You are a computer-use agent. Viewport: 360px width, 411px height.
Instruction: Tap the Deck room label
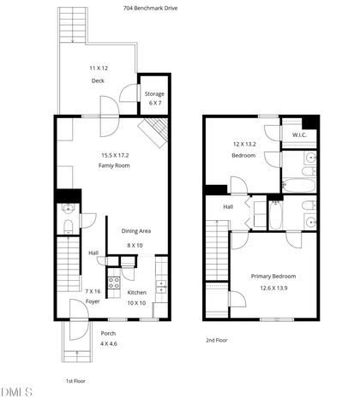click(x=98, y=81)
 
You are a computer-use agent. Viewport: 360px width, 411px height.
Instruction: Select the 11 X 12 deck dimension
click(x=98, y=67)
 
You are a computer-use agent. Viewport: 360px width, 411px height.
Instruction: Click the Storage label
click(x=154, y=94)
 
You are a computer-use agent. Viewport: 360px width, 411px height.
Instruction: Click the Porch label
click(x=109, y=333)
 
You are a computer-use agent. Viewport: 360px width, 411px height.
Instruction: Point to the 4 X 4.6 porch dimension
click(x=109, y=343)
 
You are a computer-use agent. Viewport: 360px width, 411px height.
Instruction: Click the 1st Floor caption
click(x=75, y=380)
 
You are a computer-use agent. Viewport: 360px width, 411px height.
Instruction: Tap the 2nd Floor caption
click(x=215, y=340)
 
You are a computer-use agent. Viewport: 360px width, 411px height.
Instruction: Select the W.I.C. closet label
click(x=299, y=134)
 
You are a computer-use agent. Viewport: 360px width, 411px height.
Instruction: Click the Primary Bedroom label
click(x=273, y=276)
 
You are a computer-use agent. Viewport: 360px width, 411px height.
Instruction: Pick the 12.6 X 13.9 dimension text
click(x=273, y=288)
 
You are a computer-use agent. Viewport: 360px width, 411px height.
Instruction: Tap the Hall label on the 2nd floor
click(x=229, y=206)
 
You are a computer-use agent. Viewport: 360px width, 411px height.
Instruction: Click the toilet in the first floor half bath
click(x=69, y=227)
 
